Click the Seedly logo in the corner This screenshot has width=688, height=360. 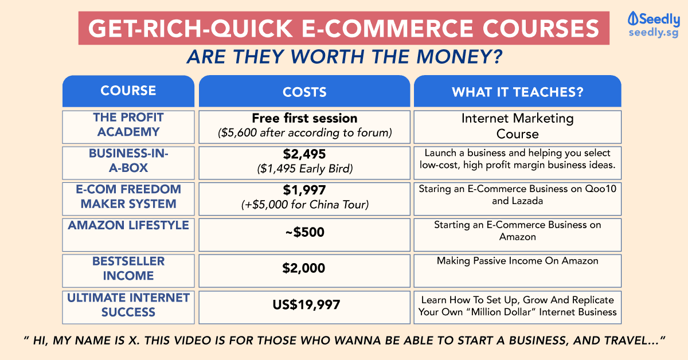click(654, 25)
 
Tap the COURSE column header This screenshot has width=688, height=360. click(128, 91)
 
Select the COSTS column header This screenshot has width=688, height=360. click(304, 92)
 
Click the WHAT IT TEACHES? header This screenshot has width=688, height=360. click(518, 92)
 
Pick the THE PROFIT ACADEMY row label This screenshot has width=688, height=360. click(128, 124)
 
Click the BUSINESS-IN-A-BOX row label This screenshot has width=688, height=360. click(128, 161)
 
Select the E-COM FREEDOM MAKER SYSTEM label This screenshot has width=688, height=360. click(128, 196)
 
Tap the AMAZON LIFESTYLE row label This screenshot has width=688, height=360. click(128, 225)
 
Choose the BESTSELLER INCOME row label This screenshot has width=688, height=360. click(128, 268)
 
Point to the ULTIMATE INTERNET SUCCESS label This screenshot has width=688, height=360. click(128, 305)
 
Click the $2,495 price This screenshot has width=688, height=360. click(304, 154)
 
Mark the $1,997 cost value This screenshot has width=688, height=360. click(304, 190)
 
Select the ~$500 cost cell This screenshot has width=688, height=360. click(304, 232)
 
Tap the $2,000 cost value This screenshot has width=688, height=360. click(304, 268)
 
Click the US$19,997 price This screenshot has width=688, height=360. click(306, 304)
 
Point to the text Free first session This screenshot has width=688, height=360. click(304, 118)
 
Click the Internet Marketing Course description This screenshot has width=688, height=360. click(518, 126)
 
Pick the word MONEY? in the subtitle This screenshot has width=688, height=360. click(459, 57)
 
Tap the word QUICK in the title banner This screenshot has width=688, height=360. click(251, 28)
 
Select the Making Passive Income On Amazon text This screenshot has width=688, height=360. click(518, 261)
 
